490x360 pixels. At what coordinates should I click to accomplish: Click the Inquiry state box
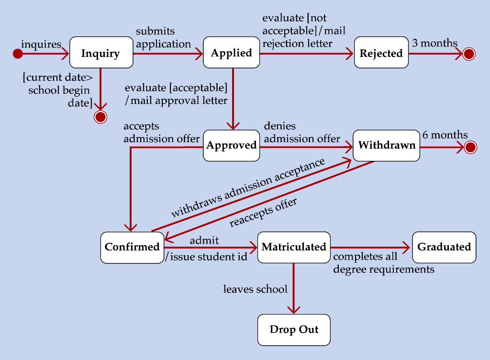click(101, 52)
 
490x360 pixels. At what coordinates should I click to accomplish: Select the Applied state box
click(232, 52)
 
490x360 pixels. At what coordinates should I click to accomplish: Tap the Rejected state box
click(381, 53)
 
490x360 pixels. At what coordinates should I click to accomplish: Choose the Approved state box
click(232, 145)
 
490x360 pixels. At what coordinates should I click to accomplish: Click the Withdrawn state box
click(387, 145)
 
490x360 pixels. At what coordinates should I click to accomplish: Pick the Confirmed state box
click(132, 247)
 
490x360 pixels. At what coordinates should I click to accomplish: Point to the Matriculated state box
click(294, 247)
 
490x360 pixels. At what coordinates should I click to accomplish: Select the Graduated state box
click(444, 247)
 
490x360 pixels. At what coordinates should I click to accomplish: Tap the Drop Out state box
click(294, 329)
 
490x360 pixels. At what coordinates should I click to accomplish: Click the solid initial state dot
click(18, 54)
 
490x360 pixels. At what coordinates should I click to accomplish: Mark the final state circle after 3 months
click(469, 54)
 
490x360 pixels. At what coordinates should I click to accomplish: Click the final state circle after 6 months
click(470, 147)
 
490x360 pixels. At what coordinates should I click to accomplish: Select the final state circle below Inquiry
click(100, 117)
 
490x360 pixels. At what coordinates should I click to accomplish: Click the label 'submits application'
click(163, 38)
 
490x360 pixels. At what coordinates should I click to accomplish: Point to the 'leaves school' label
click(255, 289)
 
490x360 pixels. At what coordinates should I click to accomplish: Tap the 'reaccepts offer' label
click(263, 212)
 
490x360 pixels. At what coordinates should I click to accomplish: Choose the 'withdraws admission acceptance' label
click(248, 188)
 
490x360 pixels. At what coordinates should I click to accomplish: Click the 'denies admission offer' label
click(301, 133)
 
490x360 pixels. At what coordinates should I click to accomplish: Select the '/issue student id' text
click(206, 257)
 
